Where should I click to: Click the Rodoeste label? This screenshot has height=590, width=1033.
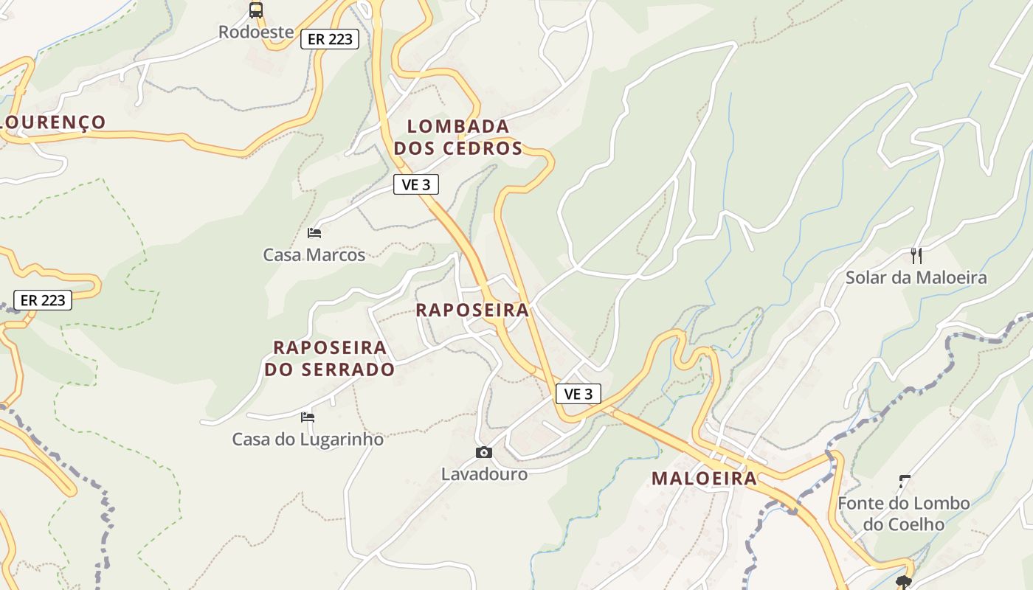tap(256, 32)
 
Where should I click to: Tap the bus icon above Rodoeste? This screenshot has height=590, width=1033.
tap(256, 10)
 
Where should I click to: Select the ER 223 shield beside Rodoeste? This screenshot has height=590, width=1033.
tap(330, 39)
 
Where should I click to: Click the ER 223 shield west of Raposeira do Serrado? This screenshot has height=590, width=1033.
tap(43, 300)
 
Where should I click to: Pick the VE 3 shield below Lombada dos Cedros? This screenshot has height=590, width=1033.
tap(416, 184)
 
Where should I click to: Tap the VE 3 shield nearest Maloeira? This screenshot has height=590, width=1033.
tap(578, 394)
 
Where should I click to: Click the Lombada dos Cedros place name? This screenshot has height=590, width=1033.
tap(458, 137)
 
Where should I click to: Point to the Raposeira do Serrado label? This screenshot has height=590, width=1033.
tap(330, 358)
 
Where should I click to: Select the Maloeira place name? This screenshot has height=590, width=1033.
tap(704, 479)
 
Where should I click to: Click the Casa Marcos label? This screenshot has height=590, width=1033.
tap(314, 255)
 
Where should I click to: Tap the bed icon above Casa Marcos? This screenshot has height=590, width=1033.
tap(314, 233)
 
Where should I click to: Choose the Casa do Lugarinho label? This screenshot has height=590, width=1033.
tap(308, 440)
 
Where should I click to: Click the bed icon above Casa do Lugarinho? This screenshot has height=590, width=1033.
tap(308, 417)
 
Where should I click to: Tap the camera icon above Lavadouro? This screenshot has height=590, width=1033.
tap(484, 452)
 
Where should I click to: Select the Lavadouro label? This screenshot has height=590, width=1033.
tap(484, 474)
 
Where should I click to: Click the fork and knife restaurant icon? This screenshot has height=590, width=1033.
tap(916, 256)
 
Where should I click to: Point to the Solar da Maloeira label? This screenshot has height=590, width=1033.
tap(916, 278)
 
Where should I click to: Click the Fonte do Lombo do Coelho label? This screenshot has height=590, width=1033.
tap(904, 513)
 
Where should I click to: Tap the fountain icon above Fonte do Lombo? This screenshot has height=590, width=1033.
tap(905, 482)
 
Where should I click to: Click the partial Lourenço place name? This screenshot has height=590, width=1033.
tap(53, 122)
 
